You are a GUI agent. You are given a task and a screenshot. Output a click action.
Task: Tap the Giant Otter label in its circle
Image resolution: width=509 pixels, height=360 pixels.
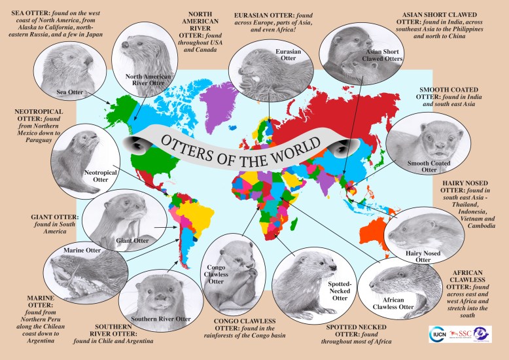click(x=132, y=240)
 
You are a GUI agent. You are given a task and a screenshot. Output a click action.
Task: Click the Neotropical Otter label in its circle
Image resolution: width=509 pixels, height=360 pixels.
click(x=96, y=176)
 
